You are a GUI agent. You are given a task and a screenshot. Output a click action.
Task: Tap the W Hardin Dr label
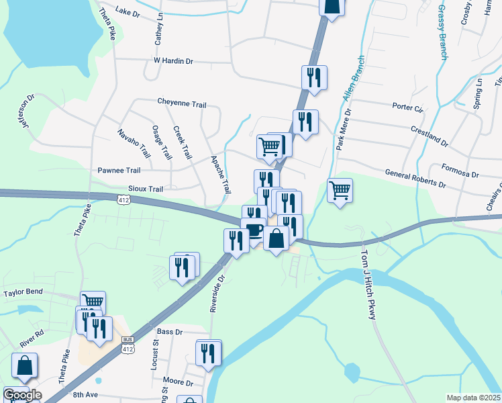pos(173,61)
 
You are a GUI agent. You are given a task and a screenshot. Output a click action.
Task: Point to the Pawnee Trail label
pos(119,171)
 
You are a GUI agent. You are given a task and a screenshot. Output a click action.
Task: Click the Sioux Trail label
pos(146,189)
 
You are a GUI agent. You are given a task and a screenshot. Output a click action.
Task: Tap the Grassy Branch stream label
pos(442,32)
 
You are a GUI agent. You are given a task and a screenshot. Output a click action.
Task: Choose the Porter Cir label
pos(408,107)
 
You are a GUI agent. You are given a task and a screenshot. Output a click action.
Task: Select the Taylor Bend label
pos(23,293)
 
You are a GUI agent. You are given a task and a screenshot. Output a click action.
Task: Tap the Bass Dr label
pos(169,332)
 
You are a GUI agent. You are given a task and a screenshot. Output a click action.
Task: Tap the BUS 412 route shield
pos(128,347)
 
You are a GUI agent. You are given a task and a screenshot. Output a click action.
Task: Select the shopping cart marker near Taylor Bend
pos(93,302)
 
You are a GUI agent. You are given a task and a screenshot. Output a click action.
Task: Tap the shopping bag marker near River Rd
pos(24,366)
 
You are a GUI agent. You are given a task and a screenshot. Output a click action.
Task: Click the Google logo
pos(22,395)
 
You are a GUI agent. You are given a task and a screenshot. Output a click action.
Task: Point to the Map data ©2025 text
pos(472,398)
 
